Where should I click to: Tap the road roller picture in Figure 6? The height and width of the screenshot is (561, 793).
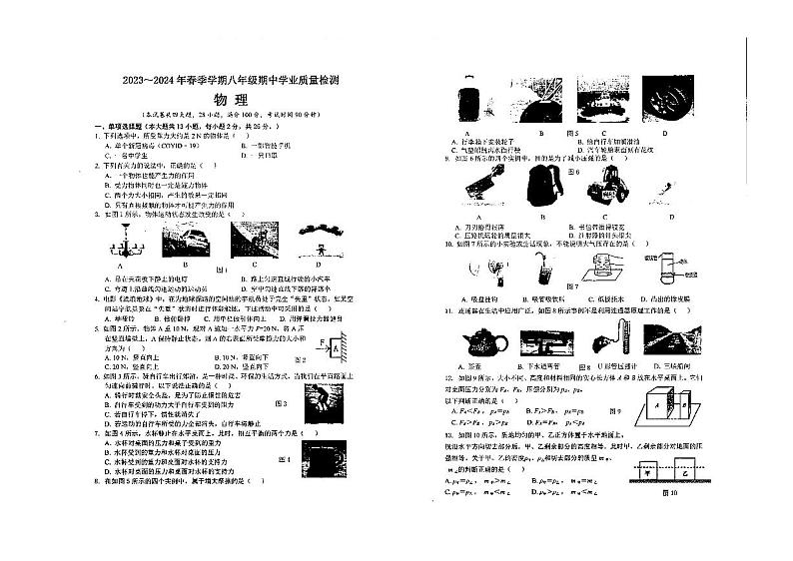[604, 188]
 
